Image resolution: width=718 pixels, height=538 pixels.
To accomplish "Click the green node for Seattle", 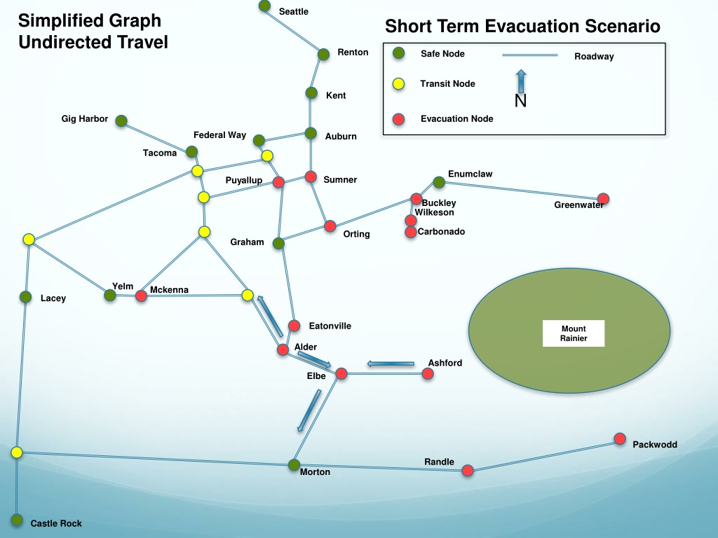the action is coord(264,6).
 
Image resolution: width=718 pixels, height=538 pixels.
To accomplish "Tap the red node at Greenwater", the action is coord(603,198).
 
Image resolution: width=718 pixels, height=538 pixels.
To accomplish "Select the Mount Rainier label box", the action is coord(574,333).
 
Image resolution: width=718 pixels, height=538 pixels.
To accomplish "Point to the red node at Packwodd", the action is coord(620,439).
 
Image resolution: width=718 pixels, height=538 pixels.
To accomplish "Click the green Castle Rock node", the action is coord(17,520).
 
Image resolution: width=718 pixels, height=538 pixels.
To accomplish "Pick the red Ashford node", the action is coord(428,374).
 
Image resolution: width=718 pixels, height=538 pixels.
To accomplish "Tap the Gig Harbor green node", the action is coord(121,120).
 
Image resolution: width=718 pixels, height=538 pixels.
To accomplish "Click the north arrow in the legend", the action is coord(521,81).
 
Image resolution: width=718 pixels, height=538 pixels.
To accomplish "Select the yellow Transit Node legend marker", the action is coord(399,84).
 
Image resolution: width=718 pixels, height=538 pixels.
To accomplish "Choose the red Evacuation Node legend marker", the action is coord(399,119).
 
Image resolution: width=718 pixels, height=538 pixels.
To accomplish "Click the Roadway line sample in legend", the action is coord(530,55).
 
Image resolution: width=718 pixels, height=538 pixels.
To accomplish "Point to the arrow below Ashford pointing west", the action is coord(391,364).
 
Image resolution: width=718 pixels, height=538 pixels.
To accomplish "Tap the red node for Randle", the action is coord(468,470).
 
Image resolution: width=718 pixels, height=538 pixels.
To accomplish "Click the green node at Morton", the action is coord(294,465).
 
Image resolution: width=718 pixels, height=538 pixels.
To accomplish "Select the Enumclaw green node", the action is coord(439,182).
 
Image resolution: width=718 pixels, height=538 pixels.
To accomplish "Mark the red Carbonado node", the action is coord(411,232).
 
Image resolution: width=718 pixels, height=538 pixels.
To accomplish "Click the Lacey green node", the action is coord(26,297).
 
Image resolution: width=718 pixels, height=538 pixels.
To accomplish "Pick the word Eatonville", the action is coord(330,326).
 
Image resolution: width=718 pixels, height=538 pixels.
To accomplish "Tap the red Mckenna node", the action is coord(141,296).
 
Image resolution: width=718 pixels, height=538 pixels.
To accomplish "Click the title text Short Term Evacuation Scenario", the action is coord(522,26).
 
